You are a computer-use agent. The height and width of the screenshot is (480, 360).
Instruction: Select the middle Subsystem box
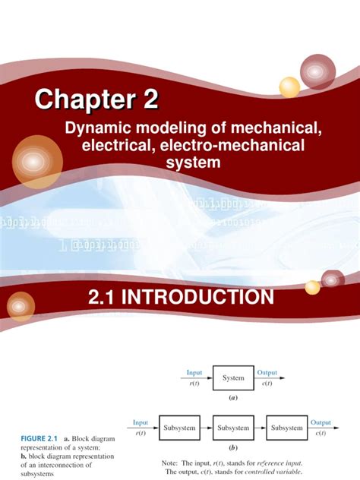(233, 428)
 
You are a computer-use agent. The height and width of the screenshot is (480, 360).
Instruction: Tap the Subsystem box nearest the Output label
(287, 428)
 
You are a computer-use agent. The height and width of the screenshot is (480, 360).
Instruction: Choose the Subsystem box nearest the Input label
(179, 428)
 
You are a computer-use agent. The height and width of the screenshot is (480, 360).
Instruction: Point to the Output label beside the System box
(267, 372)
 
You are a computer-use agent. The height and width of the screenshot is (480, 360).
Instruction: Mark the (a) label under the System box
(234, 397)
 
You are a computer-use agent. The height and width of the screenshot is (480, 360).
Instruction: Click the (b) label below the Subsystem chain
(233, 448)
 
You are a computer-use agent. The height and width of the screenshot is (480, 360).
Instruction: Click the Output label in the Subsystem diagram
(321, 422)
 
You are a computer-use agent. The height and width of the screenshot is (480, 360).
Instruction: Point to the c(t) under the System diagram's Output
(266, 383)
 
